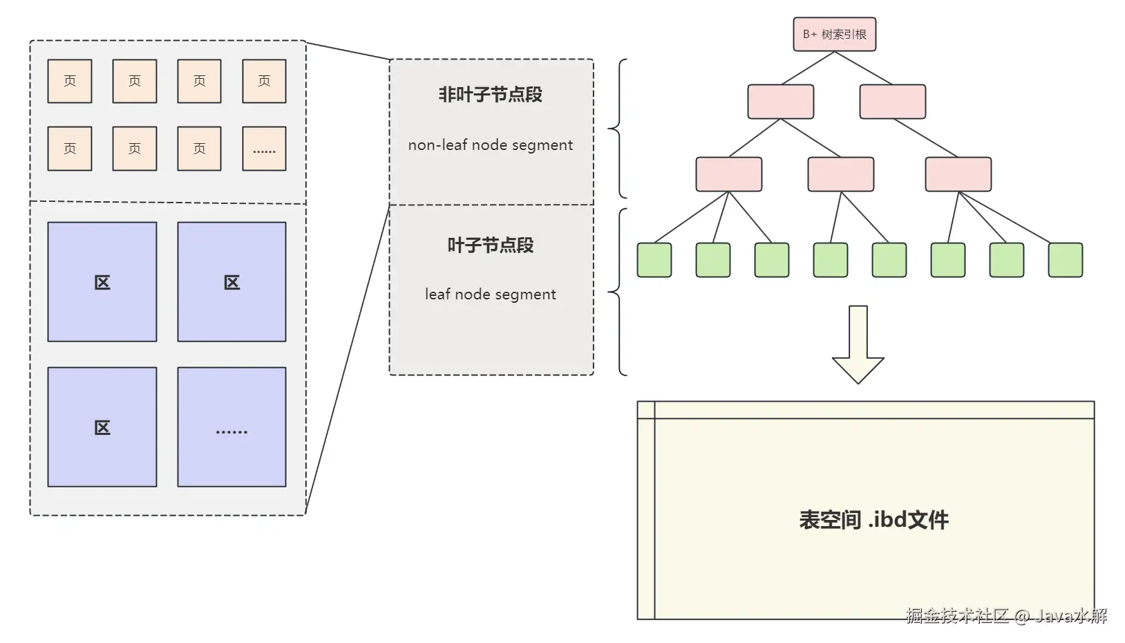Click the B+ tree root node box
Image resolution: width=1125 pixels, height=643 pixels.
pos(834,35)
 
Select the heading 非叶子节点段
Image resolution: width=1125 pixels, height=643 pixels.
pos(490,95)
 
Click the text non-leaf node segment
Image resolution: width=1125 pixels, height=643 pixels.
pos(490,145)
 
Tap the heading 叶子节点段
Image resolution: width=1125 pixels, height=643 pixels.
pos(490,245)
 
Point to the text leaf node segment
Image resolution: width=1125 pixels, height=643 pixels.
pos(490,295)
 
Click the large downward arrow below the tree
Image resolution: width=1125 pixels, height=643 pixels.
pos(858,344)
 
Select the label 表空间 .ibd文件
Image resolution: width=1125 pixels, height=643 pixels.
pos(873,520)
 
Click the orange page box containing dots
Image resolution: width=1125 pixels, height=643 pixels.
pos(264,149)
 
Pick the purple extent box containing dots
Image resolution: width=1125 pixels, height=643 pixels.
pos(231,427)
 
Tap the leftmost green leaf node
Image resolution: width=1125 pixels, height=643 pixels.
pos(654,260)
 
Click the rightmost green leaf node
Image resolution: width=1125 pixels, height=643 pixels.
pos(1065,260)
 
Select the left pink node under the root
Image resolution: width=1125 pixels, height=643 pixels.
pos(780,102)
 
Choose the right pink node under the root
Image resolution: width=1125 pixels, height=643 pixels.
pos(892,102)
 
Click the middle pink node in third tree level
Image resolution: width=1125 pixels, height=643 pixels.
pos(840,174)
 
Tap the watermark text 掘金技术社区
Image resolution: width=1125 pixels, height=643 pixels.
pos(957,615)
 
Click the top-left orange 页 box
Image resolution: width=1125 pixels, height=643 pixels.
pos(70,82)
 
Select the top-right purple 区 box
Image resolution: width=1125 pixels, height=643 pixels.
pos(231,282)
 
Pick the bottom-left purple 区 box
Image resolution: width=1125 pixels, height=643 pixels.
pos(102,427)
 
